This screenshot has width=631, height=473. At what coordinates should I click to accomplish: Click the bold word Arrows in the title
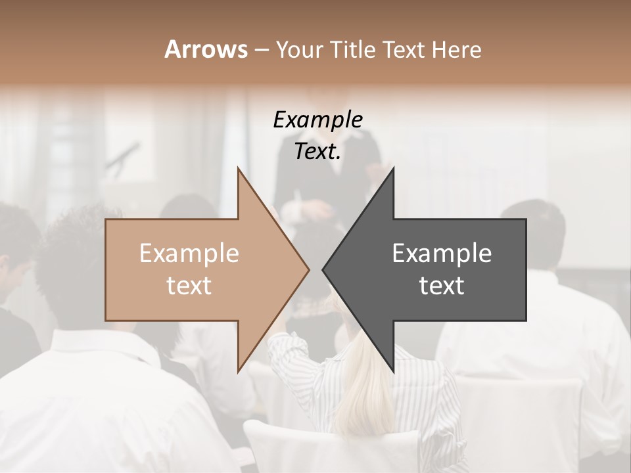tap(206, 49)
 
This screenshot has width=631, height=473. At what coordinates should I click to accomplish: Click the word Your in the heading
tap(299, 50)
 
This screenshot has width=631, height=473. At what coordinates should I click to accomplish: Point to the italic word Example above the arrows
tap(317, 120)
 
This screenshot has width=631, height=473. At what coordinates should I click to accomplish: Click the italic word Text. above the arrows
tap(317, 152)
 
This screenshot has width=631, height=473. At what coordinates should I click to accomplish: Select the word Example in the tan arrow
tap(189, 254)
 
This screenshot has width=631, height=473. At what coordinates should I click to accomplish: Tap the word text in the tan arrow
tap(189, 286)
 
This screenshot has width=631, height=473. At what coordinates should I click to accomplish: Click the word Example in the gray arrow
tap(442, 254)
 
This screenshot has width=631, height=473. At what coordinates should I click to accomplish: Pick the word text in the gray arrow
tap(442, 286)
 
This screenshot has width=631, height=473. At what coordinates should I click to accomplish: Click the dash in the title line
tap(261, 50)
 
